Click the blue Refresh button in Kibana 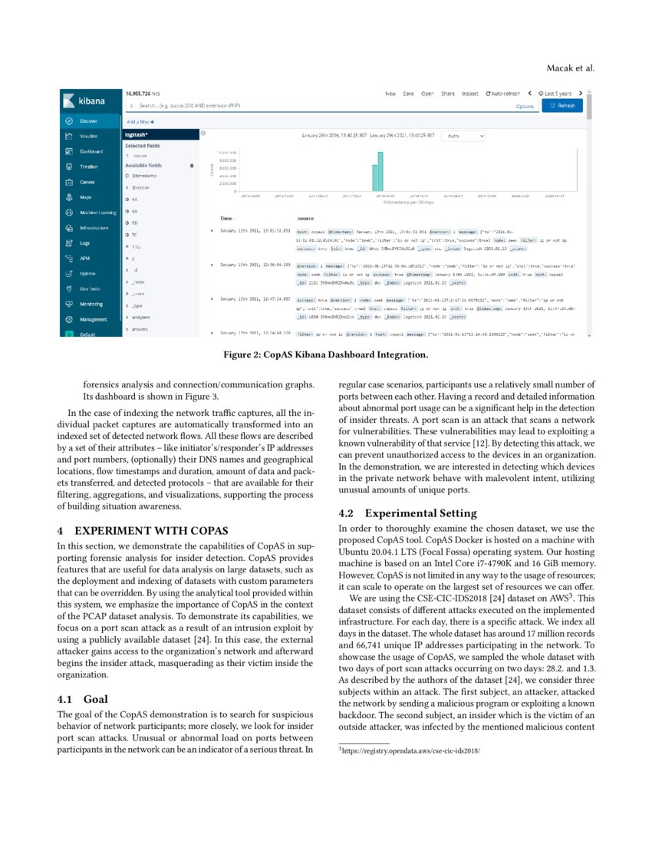click(561, 106)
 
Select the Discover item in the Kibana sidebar click(91, 121)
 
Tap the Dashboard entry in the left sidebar click(91, 151)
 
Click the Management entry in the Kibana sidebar click(93, 318)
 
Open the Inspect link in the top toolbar click(470, 94)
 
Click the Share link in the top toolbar click(448, 94)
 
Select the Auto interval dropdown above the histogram click(463, 136)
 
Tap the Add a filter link click(140, 122)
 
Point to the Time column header click(227, 219)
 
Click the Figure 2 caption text click(325, 354)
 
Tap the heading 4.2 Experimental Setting click(398, 512)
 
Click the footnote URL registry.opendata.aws click(411, 751)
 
